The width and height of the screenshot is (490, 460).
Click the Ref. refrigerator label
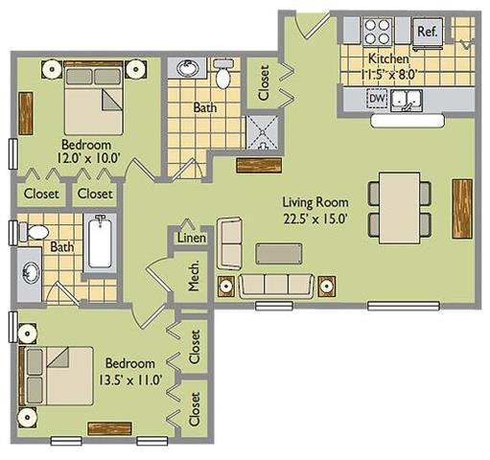(427, 32)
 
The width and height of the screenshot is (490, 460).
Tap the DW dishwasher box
(377, 99)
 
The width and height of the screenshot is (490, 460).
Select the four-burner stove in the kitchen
(377, 31)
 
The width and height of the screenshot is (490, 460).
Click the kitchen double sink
(407, 101)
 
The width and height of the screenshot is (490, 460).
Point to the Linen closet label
(192, 238)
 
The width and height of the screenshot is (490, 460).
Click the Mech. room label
(194, 276)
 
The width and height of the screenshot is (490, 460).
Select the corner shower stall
(262, 132)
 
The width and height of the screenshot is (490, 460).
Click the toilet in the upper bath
(223, 74)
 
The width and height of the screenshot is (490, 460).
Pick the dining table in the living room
(400, 208)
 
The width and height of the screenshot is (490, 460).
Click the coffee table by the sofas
(279, 254)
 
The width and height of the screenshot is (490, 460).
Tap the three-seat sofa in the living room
(276, 286)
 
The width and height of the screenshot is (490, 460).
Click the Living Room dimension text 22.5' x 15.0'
(315, 219)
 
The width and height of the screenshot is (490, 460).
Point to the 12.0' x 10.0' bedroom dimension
(88, 158)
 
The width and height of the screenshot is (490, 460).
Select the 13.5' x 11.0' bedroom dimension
(130, 380)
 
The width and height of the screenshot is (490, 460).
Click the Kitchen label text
(388, 58)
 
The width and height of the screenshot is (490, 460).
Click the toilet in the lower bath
(34, 231)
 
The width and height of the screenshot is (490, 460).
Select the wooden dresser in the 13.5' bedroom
(109, 428)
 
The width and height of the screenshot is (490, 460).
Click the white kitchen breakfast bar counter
(408, 121)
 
